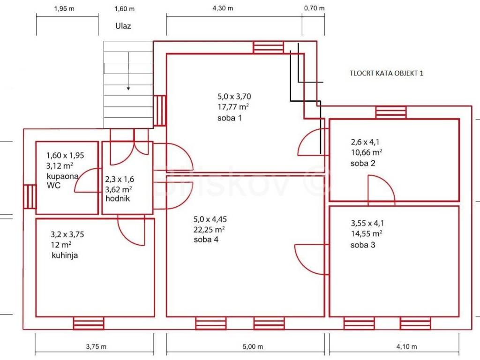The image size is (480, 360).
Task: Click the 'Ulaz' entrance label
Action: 123,26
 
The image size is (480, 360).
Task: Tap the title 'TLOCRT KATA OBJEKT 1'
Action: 386,73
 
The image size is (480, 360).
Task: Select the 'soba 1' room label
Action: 230,118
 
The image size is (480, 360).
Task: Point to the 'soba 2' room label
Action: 363,163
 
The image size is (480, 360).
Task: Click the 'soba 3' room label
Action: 363,245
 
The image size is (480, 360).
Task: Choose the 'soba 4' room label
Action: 206,240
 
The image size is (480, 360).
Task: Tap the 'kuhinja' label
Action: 65,255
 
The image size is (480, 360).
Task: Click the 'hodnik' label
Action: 118,198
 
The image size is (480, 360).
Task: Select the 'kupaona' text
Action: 62,176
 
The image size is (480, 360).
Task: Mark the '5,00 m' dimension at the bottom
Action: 253,346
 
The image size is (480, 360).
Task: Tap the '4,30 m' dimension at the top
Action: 223,8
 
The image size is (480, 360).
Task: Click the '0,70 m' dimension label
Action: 315,8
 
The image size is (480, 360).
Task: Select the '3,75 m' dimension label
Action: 96,346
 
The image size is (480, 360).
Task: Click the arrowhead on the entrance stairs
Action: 128,89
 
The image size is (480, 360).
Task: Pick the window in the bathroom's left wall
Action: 30,197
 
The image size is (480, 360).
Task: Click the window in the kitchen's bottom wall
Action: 89,323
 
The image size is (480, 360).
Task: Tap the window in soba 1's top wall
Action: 268,47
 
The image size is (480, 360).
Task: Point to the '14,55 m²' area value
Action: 367,234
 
